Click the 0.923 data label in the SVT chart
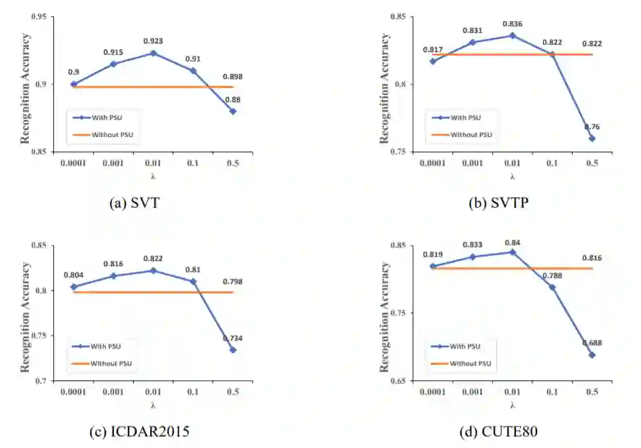153,42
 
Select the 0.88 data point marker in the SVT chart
233,111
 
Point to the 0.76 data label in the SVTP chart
591,127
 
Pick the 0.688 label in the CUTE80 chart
591,343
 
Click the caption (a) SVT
134,203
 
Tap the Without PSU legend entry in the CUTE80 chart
470,363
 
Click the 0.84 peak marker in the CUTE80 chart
512,252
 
